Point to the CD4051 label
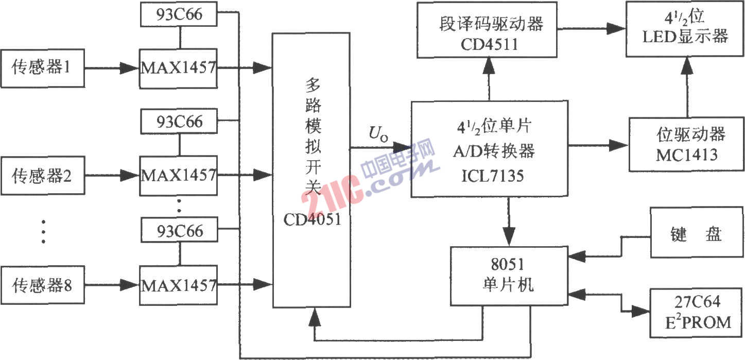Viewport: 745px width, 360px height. (313, 219)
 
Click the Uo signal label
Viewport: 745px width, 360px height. (378, 134)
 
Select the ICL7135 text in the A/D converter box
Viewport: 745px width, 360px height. (492, 176)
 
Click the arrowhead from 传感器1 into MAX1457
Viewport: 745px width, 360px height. (129, 68)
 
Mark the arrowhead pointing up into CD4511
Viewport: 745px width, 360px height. (489, 65)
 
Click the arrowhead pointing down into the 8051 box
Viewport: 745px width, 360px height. (509, 237)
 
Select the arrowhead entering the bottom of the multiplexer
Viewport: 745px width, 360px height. (315, 317)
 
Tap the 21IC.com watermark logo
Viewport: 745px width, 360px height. (369, 176)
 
